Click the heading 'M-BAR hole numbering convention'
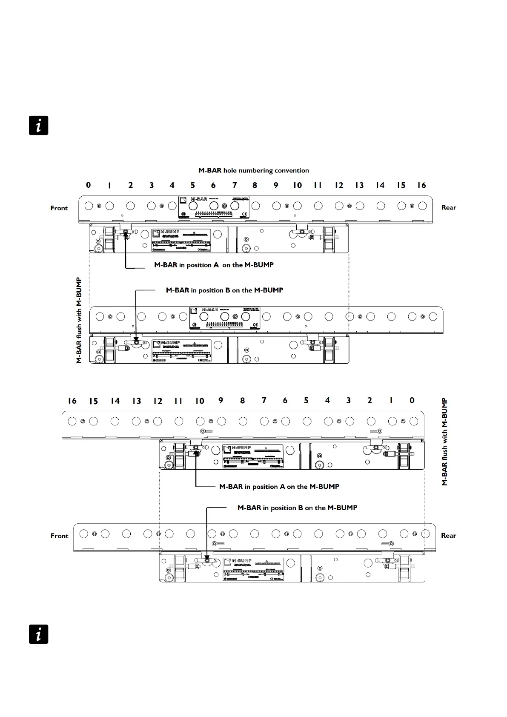point(254,170)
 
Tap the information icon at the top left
point(39,126)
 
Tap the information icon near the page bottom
point(39,634)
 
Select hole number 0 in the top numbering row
point(88,185)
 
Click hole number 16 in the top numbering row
point(421,185)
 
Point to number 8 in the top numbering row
point(255,185)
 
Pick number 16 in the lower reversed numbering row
point(72,401)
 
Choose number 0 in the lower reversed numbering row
point(412,400)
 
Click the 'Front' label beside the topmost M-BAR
point(59,208)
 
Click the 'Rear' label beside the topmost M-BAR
point(449,207)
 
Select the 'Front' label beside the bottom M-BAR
point(60,536)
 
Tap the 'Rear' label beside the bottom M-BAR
point(449,535)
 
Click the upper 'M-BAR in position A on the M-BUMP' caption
point(214,265)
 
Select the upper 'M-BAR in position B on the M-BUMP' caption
point(224,290)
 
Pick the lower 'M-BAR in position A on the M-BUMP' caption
point(279,487)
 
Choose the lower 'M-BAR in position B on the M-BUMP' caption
point(297,508)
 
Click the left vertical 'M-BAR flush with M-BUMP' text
point(79,320)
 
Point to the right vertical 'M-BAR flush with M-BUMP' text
point(445,442)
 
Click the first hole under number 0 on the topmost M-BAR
point(89,206)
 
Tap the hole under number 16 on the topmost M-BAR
point(422,206)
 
